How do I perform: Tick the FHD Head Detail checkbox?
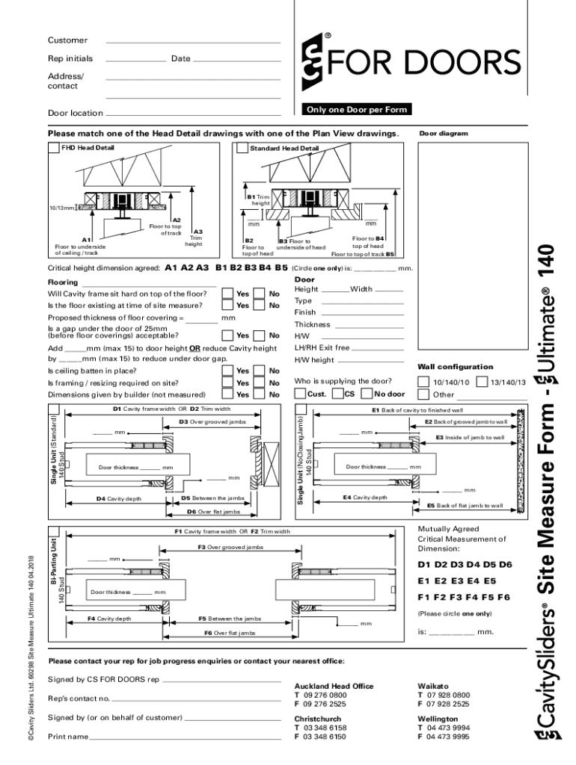tap(54, 148)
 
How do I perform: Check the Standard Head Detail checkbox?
tap(242, 148)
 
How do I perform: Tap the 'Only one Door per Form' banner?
tap(356, 110)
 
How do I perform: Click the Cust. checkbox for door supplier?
tap(301, 394)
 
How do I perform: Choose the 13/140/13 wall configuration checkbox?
tap(482, 382)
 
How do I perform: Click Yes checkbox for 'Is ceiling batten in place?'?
tap(227, 371)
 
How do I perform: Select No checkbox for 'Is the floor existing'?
tap(260, 306)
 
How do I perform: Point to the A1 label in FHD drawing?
tap(86, 240)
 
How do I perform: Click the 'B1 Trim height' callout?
tap(260, 199)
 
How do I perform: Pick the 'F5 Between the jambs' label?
tap(230, 619)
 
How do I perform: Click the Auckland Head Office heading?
tap(334, 686)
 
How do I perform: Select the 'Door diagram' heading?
tap(443, 134)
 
